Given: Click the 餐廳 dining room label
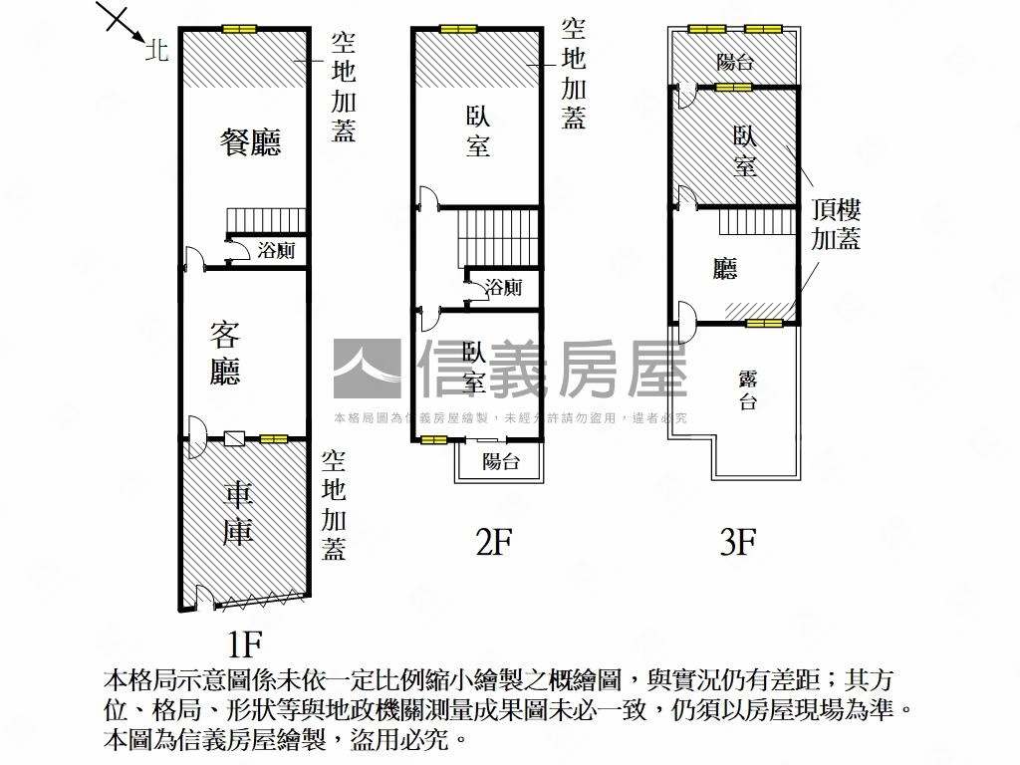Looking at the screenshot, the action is pos(250,141).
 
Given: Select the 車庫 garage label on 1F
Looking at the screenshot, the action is pos(238,514).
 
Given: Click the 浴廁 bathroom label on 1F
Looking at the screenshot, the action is pos(276,250).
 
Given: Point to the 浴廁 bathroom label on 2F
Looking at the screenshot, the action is pos(503,287).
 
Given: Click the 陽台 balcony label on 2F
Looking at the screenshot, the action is pos(501,461).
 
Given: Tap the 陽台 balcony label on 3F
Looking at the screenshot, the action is pos(735,62).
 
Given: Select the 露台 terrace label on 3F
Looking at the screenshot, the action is pos(748,389).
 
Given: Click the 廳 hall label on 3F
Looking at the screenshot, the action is pos(725,269).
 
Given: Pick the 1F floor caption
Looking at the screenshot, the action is pos(244,644).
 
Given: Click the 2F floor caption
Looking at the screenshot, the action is pos(494,541).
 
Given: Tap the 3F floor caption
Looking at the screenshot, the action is pos(738,541).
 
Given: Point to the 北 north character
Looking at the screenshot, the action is pos(156,50).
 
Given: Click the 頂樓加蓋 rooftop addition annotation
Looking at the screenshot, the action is pos(836,224).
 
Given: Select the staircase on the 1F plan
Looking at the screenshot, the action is pos(265,220).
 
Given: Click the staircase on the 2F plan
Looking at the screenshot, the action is pos(499,237).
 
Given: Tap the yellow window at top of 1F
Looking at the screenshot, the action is pos(239,29).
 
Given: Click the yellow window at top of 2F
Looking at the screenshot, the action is pos(458,29).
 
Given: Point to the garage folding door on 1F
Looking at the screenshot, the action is pos(259,600).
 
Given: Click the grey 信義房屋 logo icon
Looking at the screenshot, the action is pos(367,369).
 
